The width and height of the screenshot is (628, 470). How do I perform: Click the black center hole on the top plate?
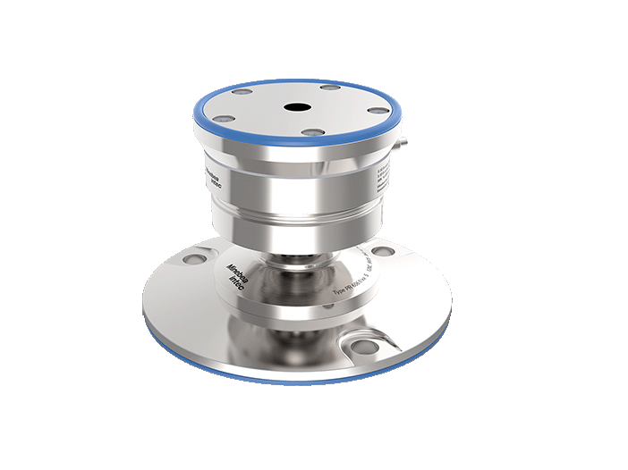point(294,107)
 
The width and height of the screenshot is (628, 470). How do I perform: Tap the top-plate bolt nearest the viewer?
point(312,132)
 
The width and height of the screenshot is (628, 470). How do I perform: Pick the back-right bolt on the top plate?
point(330,88)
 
